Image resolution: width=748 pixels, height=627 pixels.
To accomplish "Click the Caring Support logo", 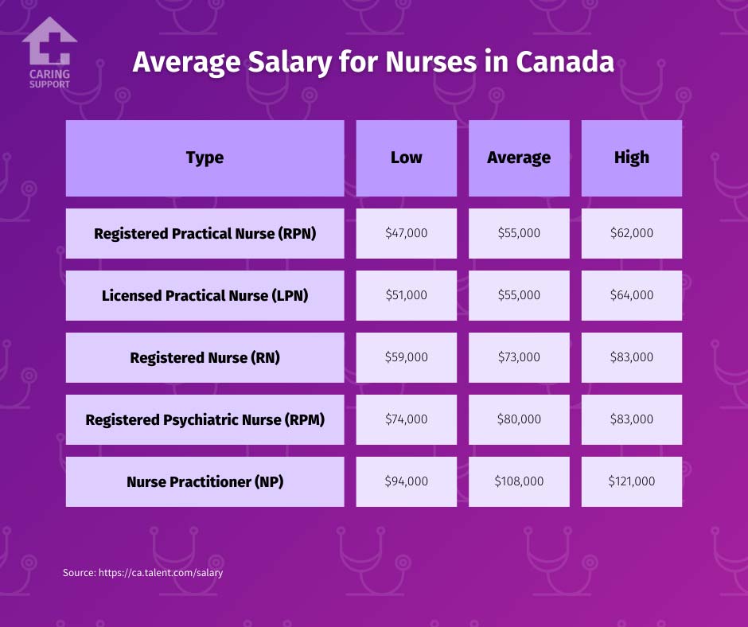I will point(49,53).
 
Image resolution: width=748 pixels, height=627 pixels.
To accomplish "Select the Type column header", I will point(205,158).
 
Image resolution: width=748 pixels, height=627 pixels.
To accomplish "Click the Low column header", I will point(406,158).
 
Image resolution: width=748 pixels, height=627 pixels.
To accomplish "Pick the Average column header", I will point(519,158).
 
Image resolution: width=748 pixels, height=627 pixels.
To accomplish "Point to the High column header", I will point(631,158).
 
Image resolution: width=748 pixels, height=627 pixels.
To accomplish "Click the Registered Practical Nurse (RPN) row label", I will point(205,233).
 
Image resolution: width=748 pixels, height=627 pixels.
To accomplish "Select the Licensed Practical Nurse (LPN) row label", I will point(205,295).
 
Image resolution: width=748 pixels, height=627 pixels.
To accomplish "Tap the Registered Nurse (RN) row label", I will point(205,357).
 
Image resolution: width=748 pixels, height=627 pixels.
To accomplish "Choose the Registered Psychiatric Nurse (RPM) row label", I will point(205,419).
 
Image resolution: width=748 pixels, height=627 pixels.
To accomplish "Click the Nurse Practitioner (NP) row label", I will point(205,481).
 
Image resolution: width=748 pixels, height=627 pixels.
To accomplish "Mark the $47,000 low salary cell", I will point(406,233).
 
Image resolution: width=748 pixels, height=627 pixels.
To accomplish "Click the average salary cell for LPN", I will point(519,295).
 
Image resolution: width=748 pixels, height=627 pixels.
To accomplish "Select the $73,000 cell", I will point(519,357).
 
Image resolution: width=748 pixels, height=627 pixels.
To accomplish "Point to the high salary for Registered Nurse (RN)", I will point(631,357).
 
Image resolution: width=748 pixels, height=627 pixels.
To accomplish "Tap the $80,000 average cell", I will point(519,419).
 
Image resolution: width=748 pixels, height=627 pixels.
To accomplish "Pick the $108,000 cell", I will point(519,481).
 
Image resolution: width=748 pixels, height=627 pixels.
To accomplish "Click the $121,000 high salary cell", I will point(631,481).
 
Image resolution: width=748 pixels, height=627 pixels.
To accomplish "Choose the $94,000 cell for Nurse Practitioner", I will point(406,481).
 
